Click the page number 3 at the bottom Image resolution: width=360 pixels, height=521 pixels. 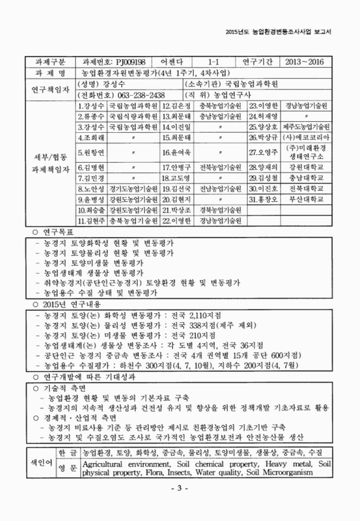coord(180,506)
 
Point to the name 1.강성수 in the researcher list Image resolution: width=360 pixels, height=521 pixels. coord(90,106)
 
